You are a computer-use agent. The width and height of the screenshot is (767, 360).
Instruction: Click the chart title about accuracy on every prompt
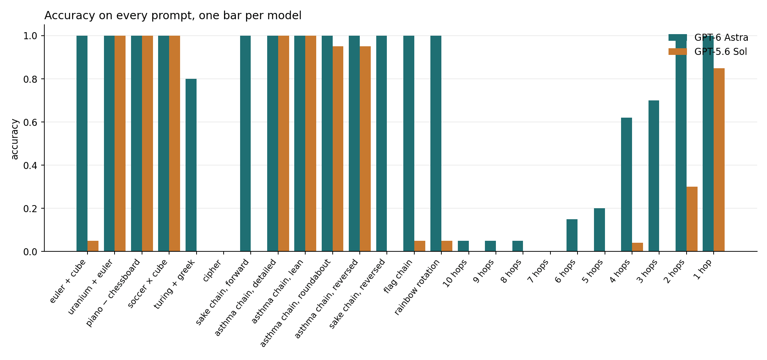pyautogui.click(x=173, y=16)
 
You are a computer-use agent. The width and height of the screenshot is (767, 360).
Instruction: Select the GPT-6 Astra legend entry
pyautogui.click(x=708, y=38)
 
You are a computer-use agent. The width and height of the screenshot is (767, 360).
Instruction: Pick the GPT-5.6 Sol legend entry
pyautogui.click(x=708, y=52)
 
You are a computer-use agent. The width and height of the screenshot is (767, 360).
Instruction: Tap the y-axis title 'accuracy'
pyautogui.click(x=15, y=139)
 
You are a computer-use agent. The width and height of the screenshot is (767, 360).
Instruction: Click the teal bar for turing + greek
pyautogui.click(x=191, y=165)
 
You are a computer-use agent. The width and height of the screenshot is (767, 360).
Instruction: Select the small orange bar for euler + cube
pyautogui.click(x=93, y=246)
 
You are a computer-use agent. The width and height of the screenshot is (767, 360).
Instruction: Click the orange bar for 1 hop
pyautogui.click(x=719, y=160)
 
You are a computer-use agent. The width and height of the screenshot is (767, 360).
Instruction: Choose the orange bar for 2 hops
pyautogui.click(x=692, y=219)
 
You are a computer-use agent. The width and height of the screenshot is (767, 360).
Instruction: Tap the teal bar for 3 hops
pyautogui.click(x=654, y=176)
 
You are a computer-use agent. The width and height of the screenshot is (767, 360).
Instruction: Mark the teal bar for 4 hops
pyautogui.click(x=627, y=184)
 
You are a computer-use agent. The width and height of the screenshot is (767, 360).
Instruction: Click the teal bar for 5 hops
pyautogui.click(x=599, y=230)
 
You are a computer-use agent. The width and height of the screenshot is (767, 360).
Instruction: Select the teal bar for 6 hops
pyautogui.click(x=572, y=235)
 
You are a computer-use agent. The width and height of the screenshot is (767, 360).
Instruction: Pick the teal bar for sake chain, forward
pyautogui.click(x=245, y=144)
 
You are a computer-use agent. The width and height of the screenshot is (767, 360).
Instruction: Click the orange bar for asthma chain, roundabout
pyautogui.click(x=338, y=149)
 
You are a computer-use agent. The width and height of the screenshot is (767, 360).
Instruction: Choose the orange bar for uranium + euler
pyautogui.click(x=120, y=144)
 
